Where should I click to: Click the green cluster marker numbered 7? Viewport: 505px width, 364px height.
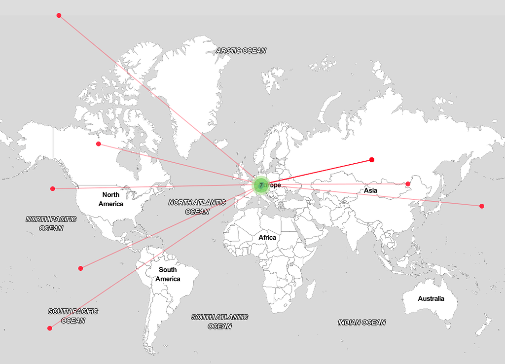(261, 185)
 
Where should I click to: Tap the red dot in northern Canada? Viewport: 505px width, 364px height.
(99, 144)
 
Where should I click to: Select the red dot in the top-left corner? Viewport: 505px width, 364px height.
(59, 15)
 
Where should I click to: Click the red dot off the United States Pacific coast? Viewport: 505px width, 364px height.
(52, 188)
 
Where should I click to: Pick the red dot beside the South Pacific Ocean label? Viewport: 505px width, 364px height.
(49, 328)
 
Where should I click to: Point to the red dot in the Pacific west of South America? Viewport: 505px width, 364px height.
(80, 268)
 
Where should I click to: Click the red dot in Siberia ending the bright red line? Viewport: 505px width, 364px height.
(372, 160)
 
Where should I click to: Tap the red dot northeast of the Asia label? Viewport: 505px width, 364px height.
(408, 184)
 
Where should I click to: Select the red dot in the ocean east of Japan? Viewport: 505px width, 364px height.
(482, 206)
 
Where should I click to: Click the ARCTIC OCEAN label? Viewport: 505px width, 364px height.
(241, 50)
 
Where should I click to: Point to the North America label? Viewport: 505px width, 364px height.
(111, 199)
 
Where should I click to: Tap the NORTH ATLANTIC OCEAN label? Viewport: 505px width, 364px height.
(197, 207)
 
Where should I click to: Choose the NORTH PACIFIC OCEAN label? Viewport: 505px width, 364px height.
(51, 223)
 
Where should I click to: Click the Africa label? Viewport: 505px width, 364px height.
(267, 238)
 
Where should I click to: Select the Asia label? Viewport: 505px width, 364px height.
(370, 190)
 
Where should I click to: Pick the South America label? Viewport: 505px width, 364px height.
(168, 274)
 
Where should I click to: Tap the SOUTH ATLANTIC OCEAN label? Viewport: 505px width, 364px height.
(220, 322)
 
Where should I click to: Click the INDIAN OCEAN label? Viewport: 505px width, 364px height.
(361, 323)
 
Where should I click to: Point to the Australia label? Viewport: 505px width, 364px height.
(431, 298)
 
